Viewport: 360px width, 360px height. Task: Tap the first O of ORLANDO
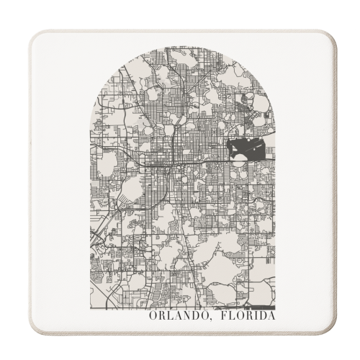tap(153, 315)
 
